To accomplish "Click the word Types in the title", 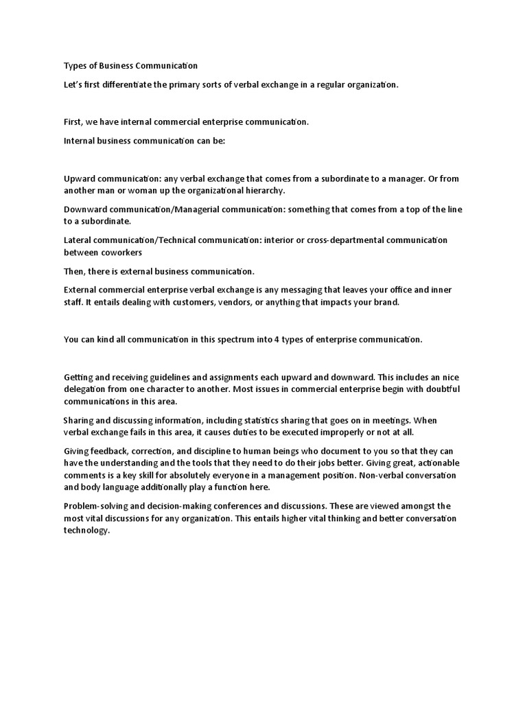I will [75, 66].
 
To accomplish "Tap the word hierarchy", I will [264, 190].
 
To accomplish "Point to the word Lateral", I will [78, 240].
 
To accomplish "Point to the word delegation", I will [84, 389].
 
